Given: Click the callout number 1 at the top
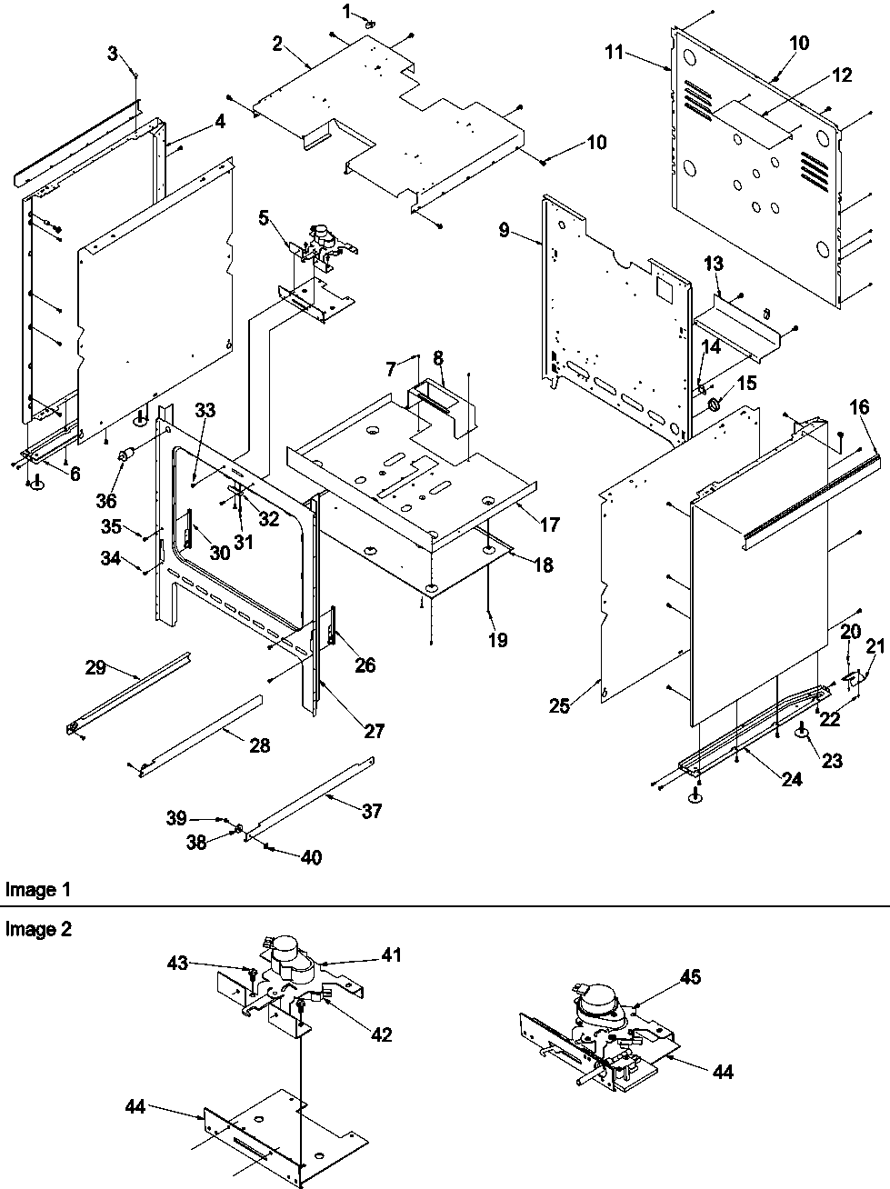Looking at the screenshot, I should [x=345, y=10].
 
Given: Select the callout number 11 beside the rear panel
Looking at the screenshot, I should [x=615, y=53].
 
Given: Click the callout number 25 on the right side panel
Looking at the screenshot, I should [x=560, y=704].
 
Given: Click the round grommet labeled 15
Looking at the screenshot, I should [x=714, y=402].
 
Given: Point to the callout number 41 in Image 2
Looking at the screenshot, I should [x=391, y=955].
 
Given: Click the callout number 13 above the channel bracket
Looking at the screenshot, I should [x=714, y=264].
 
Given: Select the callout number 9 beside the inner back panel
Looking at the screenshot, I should [x=504, y=230].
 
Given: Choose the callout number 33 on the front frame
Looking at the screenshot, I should [x=205, y=410].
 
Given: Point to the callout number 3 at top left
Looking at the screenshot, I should [x=112, y=53].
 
